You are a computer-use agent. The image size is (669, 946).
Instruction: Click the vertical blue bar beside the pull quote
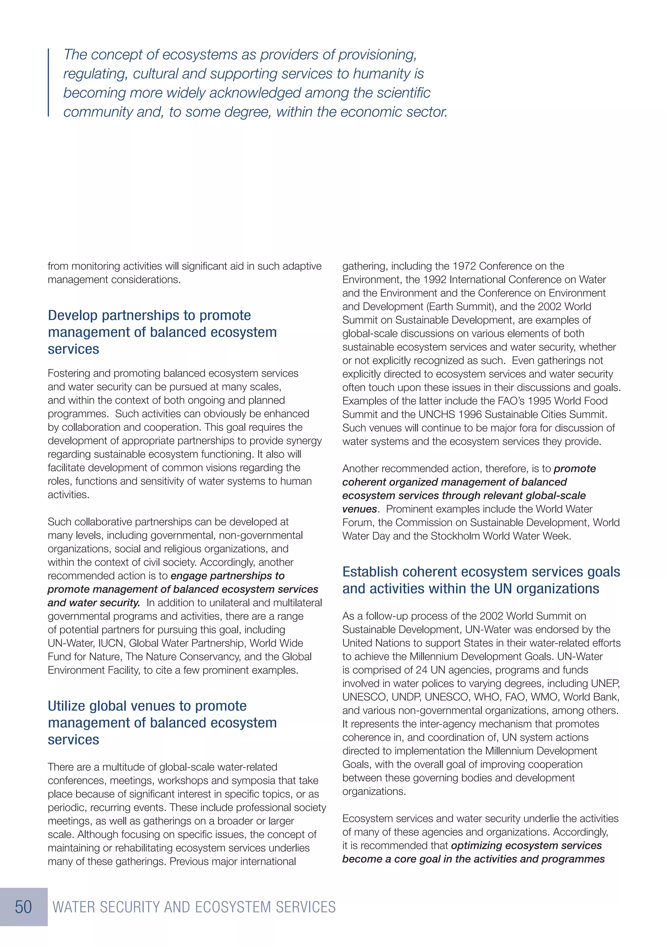(x=49, y=82)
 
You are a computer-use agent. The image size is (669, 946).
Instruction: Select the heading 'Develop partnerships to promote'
(x=149, y=315)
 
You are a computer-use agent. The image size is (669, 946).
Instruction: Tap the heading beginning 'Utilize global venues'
(x=147, y=706)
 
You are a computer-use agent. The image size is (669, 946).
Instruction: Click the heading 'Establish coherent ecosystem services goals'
(x=481, y=572)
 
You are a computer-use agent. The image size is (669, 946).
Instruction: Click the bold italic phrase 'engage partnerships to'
(x=227, y=576)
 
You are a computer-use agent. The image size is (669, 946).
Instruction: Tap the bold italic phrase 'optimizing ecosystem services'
(x=526, y=845)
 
